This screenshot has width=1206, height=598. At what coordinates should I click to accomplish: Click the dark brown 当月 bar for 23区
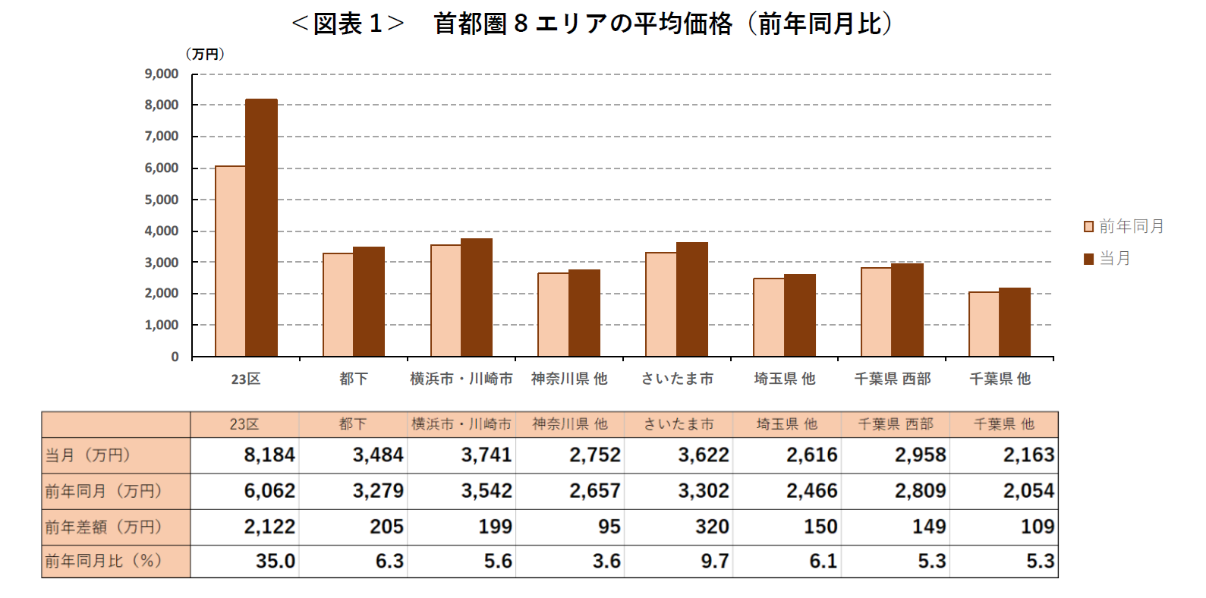pos(261,228)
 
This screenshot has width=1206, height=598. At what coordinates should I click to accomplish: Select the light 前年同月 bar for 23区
pos(230,261)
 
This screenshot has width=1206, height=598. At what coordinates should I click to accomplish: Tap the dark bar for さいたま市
pos(691,299)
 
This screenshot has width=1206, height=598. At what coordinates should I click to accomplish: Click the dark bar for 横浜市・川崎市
pos(477,297)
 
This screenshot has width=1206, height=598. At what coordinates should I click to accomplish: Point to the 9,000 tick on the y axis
pos(162,74)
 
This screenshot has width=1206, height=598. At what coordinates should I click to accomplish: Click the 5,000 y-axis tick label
pos(162,200)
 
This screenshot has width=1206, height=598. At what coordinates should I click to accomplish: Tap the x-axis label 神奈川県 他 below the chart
pos(569,379)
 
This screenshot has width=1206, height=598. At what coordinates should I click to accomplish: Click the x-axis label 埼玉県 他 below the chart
pos(785,379)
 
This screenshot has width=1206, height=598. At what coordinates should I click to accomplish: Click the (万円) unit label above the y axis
pos(205,55)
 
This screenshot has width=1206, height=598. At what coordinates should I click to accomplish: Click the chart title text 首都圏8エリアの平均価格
pos(583,24)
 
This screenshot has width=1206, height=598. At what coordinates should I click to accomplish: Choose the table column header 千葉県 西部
pos(896,424)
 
